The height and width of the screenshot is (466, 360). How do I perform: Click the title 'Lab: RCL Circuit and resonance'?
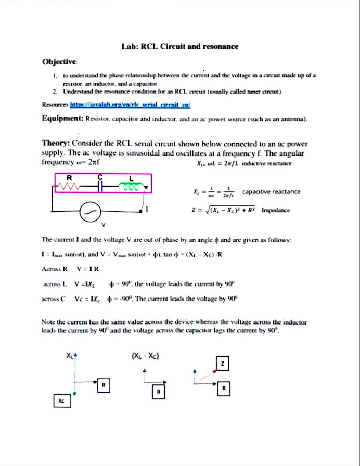click(x=179, y=46)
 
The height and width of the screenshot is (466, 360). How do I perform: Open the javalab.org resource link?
click(x=131, y=105)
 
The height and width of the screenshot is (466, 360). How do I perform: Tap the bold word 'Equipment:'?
click(x=62, y=119)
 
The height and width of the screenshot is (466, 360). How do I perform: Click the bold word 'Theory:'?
click(x=56, y=144)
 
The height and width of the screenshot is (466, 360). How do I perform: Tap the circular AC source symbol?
click(x=89, y=211)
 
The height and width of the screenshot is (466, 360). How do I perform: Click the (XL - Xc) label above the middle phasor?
click(x=146, y=356)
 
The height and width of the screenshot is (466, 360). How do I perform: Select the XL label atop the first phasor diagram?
click(x=70, y=356)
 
